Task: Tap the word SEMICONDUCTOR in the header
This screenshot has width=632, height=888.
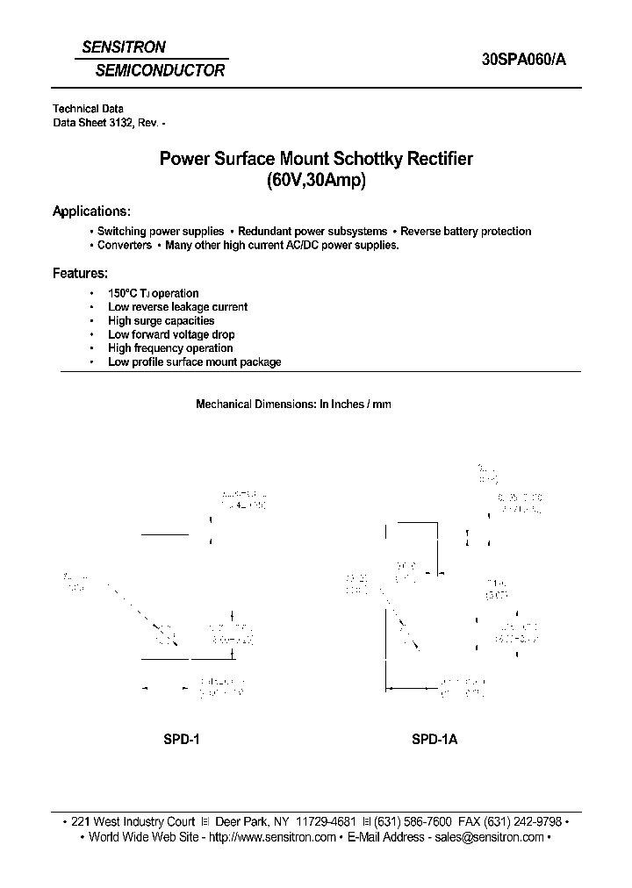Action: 160,70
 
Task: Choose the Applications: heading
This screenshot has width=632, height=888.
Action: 92,211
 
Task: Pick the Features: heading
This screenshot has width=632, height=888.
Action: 81,273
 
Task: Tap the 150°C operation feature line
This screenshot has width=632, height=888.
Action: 153,293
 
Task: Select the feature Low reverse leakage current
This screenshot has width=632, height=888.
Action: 177,307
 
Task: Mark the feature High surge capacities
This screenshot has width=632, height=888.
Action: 161,321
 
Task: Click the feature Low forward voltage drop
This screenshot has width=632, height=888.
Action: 171,334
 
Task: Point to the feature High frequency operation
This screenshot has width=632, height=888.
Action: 169,348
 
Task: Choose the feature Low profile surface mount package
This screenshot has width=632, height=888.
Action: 194,362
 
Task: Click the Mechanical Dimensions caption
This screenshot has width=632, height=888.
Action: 293,405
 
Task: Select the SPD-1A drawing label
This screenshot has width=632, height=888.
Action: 434,740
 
